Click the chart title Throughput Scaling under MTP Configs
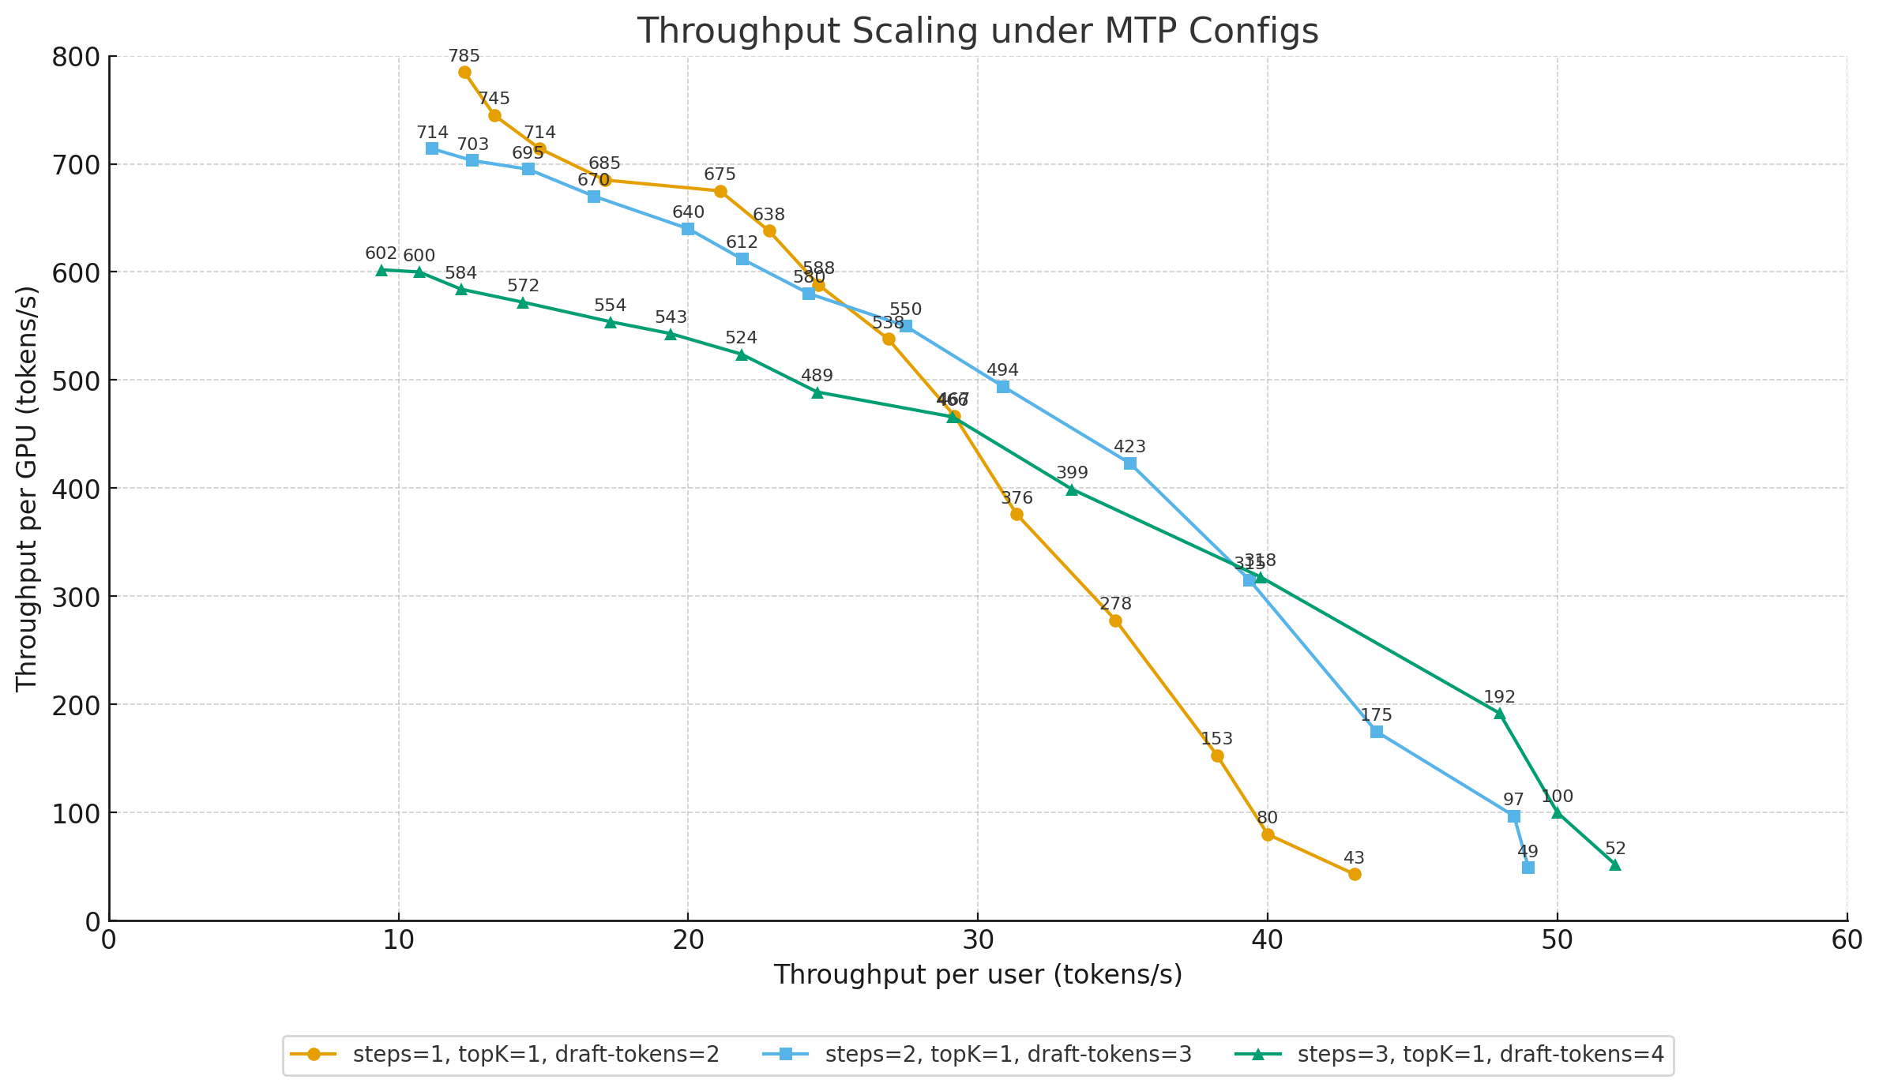point(978,32)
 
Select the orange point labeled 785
point(464,73)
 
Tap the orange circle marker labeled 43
point(1355,874)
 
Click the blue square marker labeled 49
point(1528,868)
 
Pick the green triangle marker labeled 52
point(1615,864)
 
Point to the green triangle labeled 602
point(381,270)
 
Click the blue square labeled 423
point(1130,463)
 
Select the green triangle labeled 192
point(1499,714)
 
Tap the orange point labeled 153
point(1217,755)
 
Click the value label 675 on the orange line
point(720,174)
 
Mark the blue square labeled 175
point(1377,732)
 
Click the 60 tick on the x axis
point(1847,940)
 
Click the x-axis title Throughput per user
point(978,975)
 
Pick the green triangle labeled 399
point(1072,490)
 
